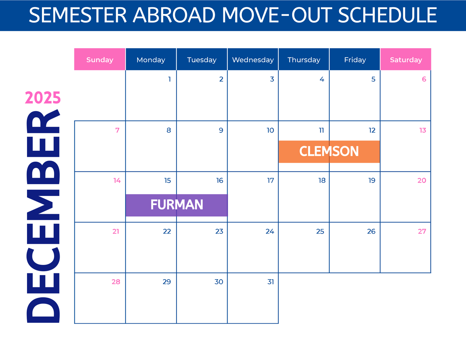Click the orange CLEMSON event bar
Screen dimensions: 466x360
click(x=329, y=152)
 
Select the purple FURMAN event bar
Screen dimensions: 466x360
click(x=177, y=205)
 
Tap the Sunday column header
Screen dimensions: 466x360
click(x=100, y=59)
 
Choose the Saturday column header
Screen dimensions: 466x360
click(x=406, y=59)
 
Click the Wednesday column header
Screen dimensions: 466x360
click(x=253, y=59)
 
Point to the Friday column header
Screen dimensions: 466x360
click(x=355, y=59)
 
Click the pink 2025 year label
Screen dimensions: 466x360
click(x=43, y=98)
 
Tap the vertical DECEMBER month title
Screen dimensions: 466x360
click(x=43, y=216)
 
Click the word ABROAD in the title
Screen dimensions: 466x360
click(x=174, y=15)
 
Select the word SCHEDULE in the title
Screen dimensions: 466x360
click(x=387, y=15)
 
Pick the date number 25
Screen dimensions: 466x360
click(x=320, y=231)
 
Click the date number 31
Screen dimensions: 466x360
click(x=271, y=282)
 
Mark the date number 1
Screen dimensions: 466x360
click(x=170, y=79)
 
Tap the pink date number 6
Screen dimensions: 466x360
click(x=424, y=79)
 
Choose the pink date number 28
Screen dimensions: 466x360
click(x=116, y=282)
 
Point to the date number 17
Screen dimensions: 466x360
click(x=271, y=180)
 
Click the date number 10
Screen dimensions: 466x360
click(x=270, y=130)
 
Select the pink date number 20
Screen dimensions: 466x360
click(x=422, y=180)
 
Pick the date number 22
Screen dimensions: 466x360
click(x=167, y=231)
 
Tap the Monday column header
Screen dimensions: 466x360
click(x=151, y=59)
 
